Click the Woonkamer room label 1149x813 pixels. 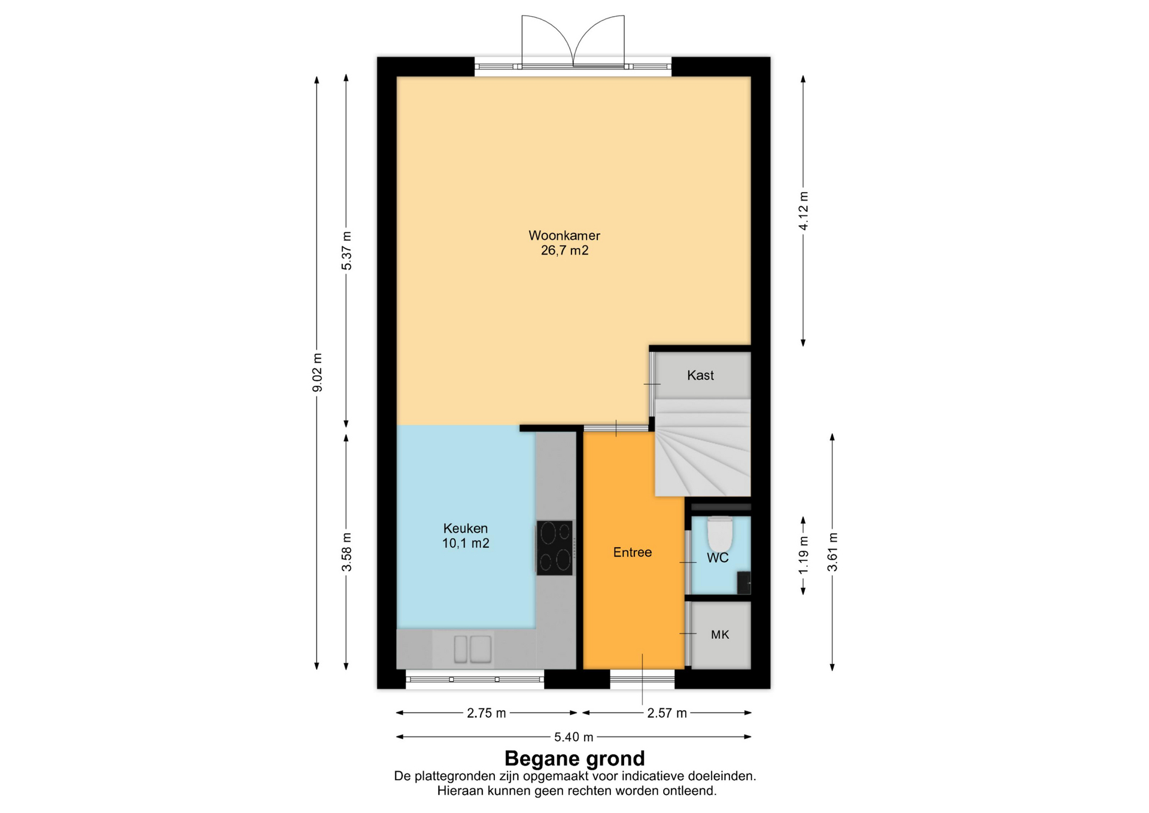(x=564, y=235)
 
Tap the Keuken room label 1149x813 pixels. (x=466, y=528)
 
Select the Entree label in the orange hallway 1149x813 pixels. (x=633, y=552)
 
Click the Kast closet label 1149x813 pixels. (x=700, y=375)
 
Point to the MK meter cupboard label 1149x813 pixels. (x=720, y=635)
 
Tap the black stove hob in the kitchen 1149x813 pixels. (x=554, y=548)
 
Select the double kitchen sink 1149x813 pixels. (x=473, y=649)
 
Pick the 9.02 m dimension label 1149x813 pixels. (x=317, y=372)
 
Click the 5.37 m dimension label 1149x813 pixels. (x=346, y=250)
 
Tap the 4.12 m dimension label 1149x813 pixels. (x=804, y=211)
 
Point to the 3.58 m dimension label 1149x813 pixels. (x=346, y=551)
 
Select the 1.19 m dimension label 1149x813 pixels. (x=804, y=554)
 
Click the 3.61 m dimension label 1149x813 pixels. (x=832, y=551)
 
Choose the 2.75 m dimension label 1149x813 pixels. (x=487, y=713)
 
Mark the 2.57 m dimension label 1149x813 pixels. (x=667, y=713)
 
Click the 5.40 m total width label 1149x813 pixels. (x=574, y=737)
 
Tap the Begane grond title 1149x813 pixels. (x=574, y=759)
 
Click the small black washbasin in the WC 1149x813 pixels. (x=744, y=583)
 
